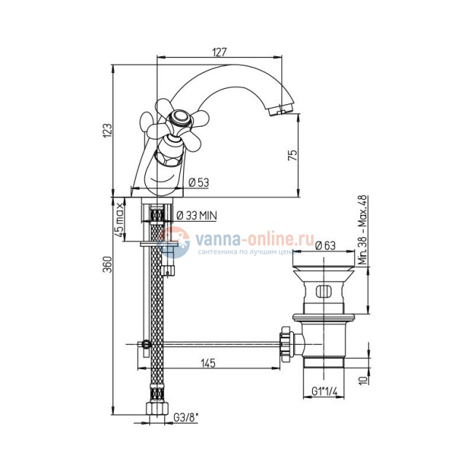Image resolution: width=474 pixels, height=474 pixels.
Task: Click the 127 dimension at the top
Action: (219, 52)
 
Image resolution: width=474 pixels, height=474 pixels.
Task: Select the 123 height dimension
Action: (108, 131)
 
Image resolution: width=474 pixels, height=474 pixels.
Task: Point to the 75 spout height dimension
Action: (292, 155)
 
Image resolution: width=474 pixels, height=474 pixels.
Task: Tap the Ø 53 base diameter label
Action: (198, 182)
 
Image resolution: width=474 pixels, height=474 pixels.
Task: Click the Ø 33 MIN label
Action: (196, 216)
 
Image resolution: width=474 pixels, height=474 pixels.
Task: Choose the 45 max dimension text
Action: (120, 220)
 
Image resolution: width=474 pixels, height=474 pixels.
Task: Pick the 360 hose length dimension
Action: (108, 264)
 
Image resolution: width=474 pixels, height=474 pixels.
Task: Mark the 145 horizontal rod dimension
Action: (209, 363)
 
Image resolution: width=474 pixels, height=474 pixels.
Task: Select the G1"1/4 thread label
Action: (324, 392)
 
